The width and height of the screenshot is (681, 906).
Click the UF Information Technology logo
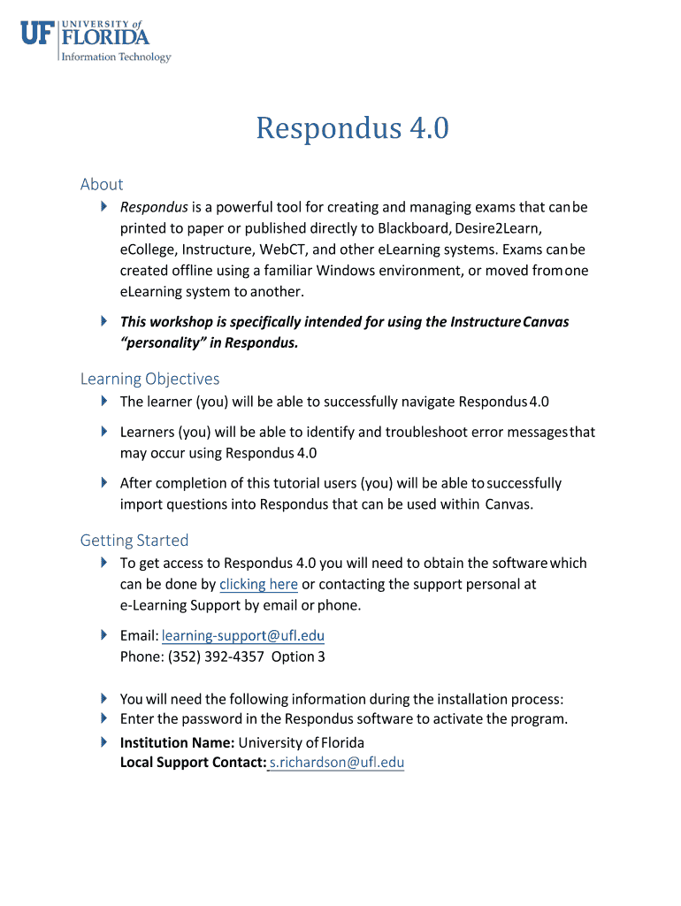(x=96, y=42)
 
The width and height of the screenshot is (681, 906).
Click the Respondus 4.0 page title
(x=352, y=129)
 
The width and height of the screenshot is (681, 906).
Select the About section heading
(x=102, y=184)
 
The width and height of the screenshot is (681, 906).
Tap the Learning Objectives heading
(x=149, y=379)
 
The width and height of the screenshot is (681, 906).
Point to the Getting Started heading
(x=134, y=540)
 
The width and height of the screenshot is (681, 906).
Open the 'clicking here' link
(x=258, y=584)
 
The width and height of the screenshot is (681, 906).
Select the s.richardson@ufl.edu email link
(x=336, y=763)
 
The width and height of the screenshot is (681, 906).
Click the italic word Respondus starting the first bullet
(x=154, y=207)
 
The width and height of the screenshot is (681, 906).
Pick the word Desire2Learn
(x=497, y=228)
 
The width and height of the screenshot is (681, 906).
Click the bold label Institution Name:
(x=177, y=742)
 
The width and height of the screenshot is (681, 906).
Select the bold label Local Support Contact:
(x=194, y=763)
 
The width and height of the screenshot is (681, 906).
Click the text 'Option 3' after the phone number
(x=298, y=656)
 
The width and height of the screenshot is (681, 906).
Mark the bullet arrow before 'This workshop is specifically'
(x=103, y=320)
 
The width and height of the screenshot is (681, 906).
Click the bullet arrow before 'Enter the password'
(x=103, y=718)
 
